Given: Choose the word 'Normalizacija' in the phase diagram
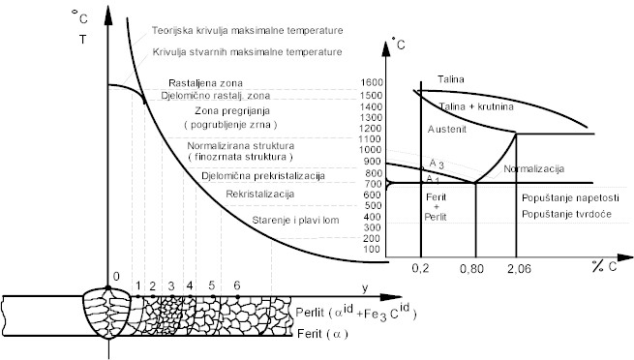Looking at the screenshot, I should (535, 169).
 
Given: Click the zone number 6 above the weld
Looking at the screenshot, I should (236, 286).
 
